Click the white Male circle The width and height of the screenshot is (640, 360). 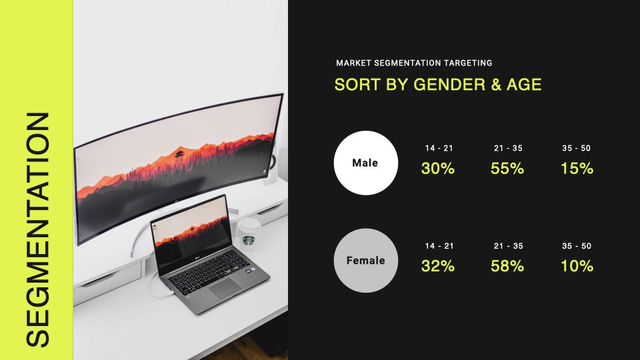tap(366, 163)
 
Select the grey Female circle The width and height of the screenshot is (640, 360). tap(366, 261)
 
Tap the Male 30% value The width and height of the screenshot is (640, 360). tap(438, 169)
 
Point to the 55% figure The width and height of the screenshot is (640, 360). tap(507, 169)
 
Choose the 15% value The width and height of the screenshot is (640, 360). tap(577, 169)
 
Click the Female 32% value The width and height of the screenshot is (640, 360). tap(438, 266)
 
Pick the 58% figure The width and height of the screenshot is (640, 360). tap(507, 266)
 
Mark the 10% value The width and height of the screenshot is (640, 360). tap(577, 266)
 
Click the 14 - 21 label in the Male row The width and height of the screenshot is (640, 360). tap(439, 148)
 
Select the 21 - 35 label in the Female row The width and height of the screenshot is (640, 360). tap(508, 246)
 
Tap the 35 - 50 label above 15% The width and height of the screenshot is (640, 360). tap(576, 148)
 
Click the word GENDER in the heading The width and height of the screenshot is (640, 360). tap(449, 85)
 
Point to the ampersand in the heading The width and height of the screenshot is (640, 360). tap(496, 85)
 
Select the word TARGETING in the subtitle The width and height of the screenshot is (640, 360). tap(468, 63)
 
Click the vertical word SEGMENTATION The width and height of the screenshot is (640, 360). tap(37, 229)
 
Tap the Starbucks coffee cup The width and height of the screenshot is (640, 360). tap(249, 233)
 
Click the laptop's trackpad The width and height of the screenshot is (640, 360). tap(225, 287)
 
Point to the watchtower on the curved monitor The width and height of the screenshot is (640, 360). tap(179, 159)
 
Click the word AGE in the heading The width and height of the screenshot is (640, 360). tap(524, 85)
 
